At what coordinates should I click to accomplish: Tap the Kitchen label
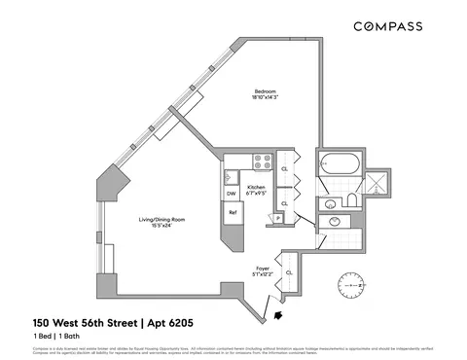pyautogui.click(x=256, y=187)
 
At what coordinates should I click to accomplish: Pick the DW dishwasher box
pyautogui.click(x=232, y=193)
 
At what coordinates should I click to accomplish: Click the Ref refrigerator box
pyautogui.click(x=233, y=212)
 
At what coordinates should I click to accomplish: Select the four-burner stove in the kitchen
pyautogui.click(x=262, y=162)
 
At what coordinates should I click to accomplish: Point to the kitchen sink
pyautogui.click(x=230, y=176)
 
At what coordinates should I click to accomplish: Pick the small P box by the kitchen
pyautogui.click(x=279, y=219)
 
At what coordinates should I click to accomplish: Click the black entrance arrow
pyautogui.click(x=280, y=313)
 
